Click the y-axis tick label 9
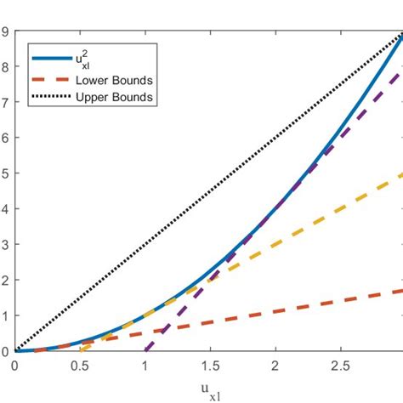5,32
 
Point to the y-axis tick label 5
5,173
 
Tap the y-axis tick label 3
5,245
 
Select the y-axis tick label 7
5,103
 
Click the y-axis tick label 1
5,315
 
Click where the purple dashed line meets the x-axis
145,350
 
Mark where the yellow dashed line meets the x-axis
80,350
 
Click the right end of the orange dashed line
401,291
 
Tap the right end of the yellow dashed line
401,174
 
